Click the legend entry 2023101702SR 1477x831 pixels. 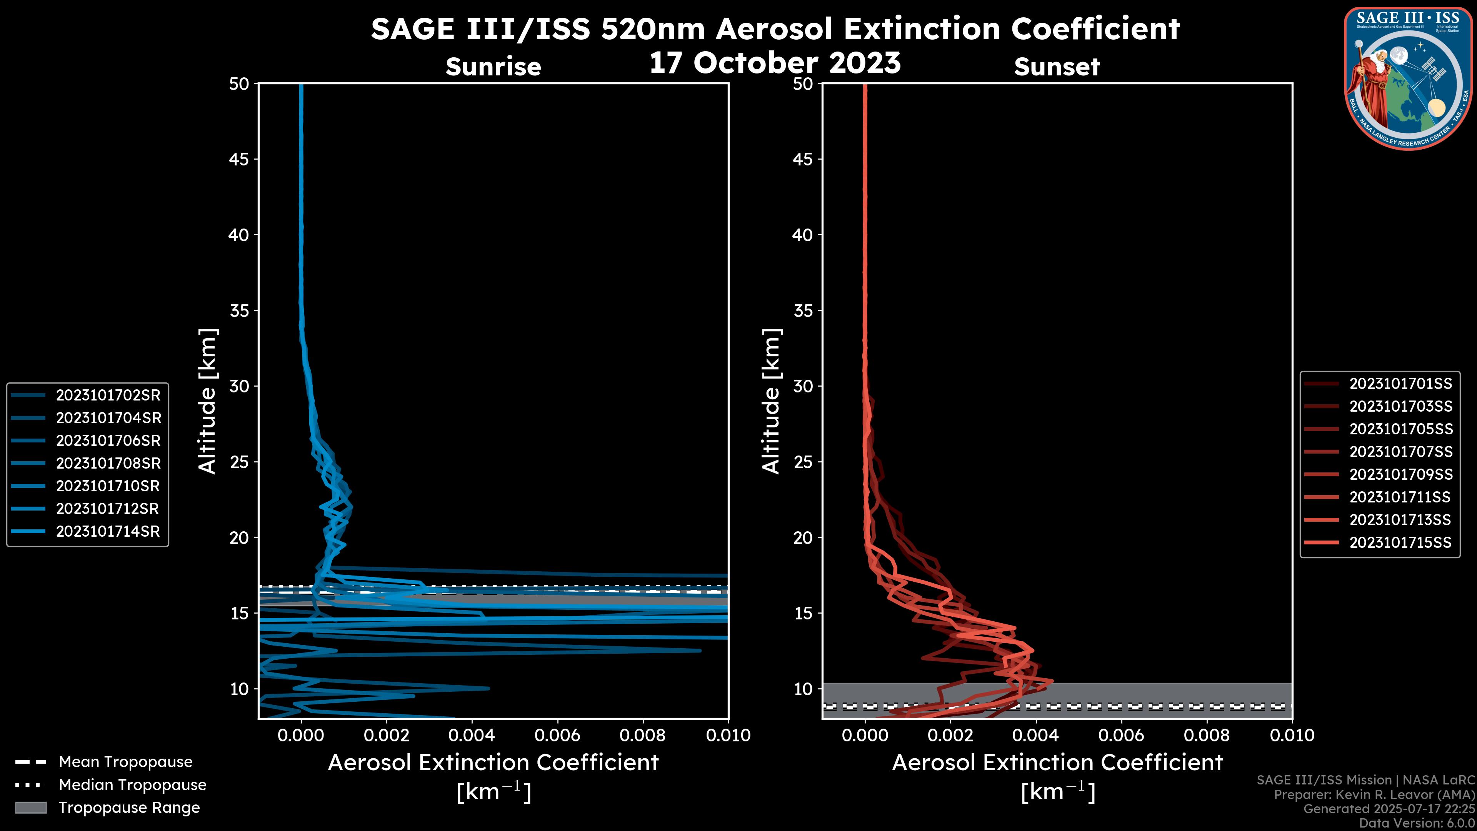108,395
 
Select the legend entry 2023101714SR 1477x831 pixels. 108,532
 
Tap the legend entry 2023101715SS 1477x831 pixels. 1400,542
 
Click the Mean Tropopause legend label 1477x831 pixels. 125,762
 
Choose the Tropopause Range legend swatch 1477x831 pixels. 31,808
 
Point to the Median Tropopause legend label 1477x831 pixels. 132,785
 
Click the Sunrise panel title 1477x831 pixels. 493,67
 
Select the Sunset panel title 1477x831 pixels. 1057,67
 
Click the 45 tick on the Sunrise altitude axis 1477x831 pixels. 239,159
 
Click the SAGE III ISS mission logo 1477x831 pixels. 1408,78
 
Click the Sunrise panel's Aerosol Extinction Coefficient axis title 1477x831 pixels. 493,763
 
